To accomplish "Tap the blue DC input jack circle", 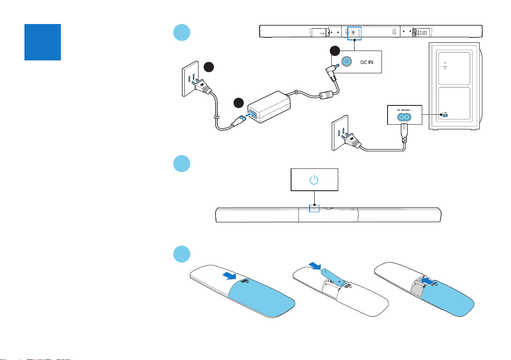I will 345,62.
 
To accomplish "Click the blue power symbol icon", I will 314,180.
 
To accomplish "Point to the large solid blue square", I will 42,42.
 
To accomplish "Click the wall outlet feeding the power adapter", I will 189,77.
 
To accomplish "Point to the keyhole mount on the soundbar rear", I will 394,31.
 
